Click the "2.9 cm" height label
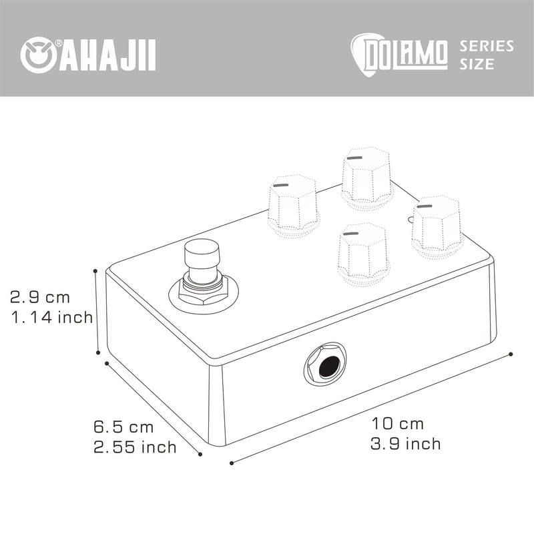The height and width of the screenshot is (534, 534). tap(40, 297)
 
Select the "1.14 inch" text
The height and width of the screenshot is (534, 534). tap(52, 317)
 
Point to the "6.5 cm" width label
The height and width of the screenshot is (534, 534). tap(123, 427)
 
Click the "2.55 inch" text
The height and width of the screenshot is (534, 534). tap(136, 447)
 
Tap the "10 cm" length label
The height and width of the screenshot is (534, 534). tap(397, 424)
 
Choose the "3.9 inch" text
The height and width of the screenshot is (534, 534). tap(406, 443)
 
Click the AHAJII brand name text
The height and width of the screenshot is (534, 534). tap(108, 55)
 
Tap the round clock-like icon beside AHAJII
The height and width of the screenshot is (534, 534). tap(38, 55)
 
